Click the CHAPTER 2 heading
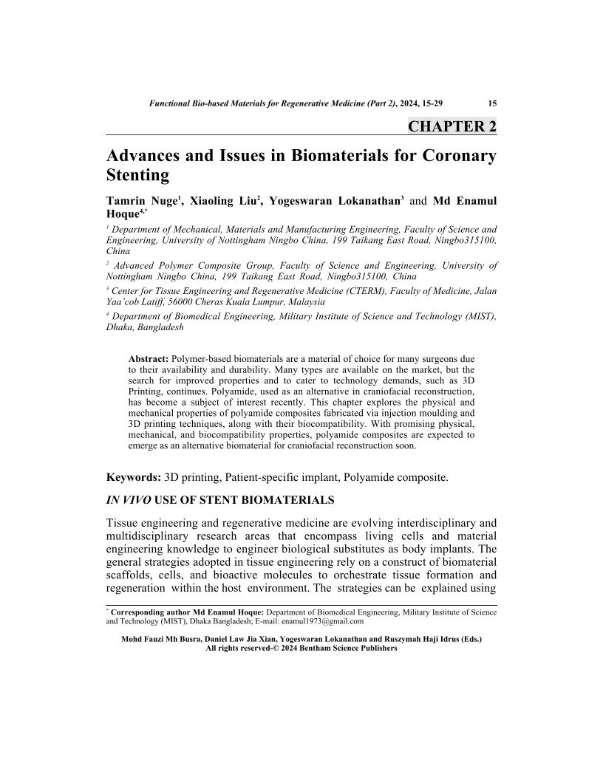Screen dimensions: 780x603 (452, 126)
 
